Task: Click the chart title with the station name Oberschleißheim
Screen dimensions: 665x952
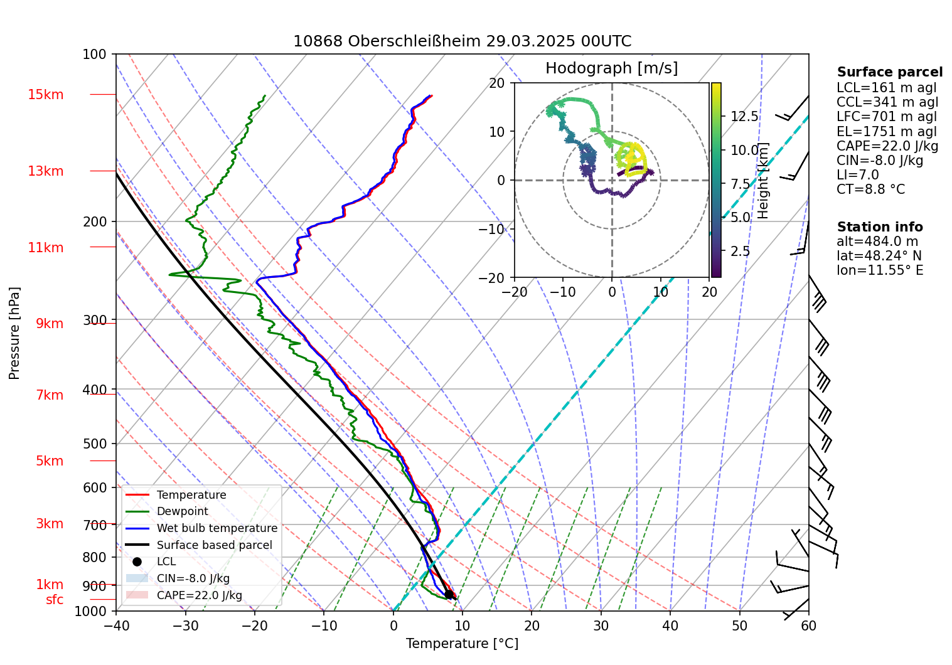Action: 462,41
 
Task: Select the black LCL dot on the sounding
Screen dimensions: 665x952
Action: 449,593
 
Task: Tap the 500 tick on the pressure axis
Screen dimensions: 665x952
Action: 95,444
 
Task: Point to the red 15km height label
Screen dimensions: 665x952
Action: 45,95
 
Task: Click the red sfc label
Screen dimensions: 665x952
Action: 55,600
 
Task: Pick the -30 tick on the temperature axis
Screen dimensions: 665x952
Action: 185,625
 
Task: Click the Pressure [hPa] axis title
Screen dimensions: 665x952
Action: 14,333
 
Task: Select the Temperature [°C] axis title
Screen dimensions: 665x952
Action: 462,644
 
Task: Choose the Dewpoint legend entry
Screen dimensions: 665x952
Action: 182,511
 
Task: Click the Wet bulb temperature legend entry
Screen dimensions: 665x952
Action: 217,528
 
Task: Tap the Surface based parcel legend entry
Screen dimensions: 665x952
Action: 214,545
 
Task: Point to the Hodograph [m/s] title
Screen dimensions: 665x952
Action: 611,68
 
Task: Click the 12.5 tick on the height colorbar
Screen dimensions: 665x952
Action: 744,117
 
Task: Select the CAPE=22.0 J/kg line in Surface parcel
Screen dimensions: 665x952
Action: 887,146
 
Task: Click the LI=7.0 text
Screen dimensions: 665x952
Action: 857,175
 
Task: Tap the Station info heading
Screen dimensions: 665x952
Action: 880,227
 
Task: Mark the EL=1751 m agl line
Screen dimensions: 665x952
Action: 886,132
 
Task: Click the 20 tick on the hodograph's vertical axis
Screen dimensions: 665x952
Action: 497,83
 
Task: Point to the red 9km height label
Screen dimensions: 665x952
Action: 50,324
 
